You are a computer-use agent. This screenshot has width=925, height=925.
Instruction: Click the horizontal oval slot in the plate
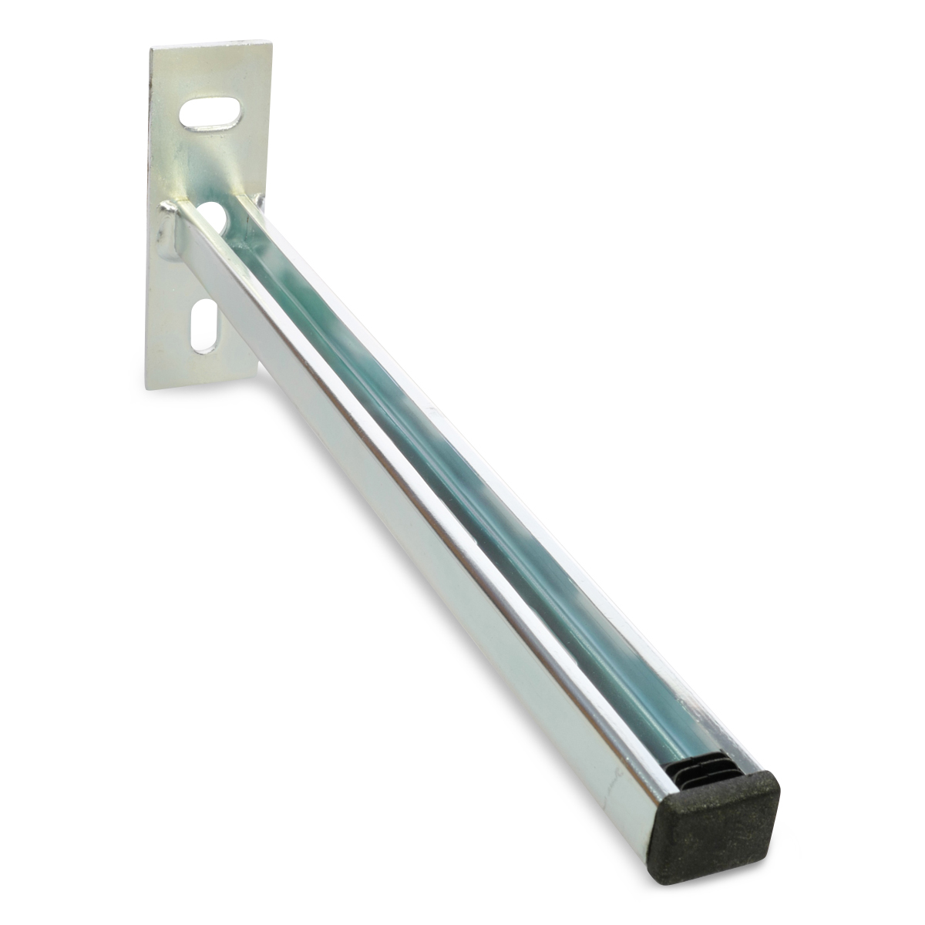210,113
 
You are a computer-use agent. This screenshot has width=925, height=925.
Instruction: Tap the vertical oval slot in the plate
204,325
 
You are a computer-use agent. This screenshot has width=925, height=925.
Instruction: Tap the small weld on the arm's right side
259,202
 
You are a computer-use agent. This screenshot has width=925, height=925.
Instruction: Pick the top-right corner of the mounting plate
271,42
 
